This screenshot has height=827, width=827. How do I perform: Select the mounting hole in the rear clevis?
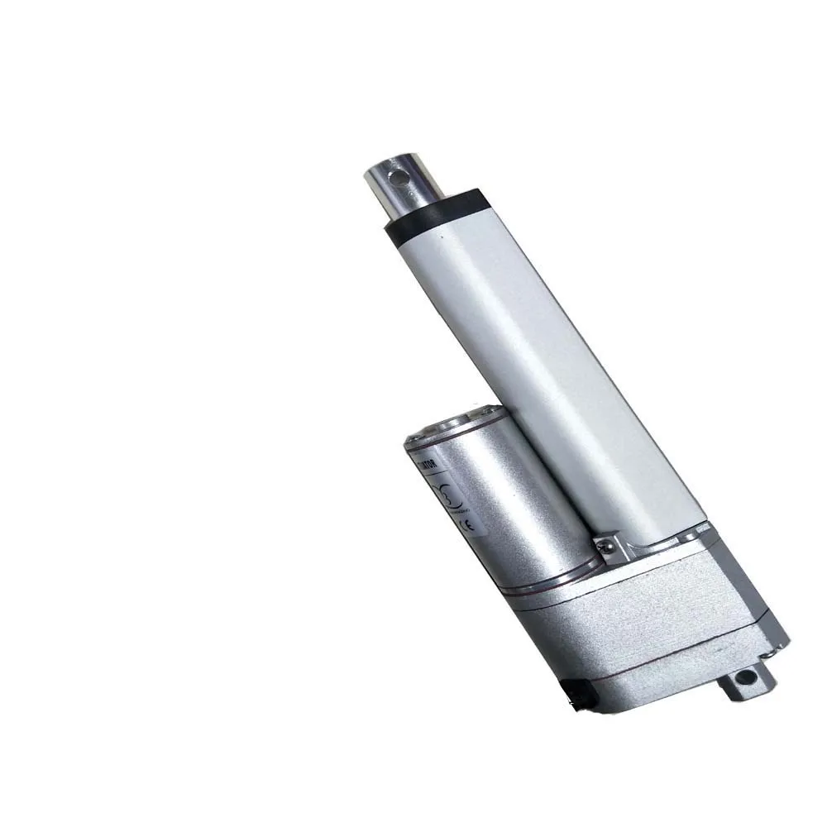point(747,676)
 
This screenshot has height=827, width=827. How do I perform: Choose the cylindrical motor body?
point(504,504)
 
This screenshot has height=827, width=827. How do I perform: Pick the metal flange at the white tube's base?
point(662,546)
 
